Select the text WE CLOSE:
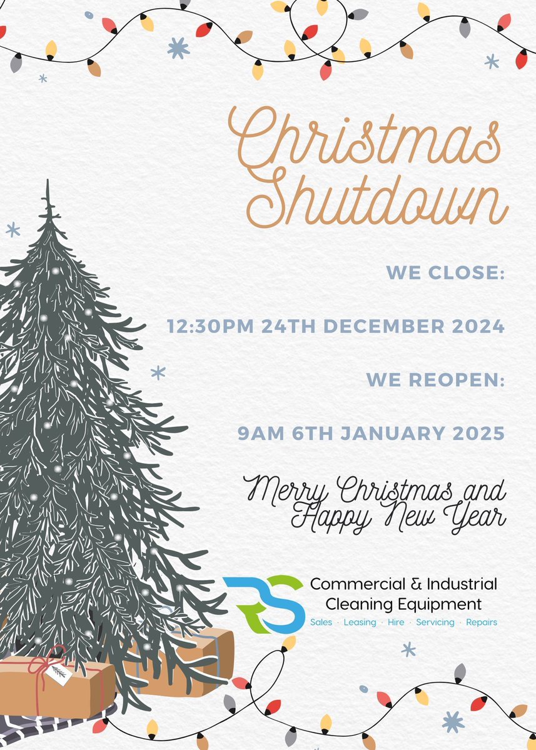coord(445,272)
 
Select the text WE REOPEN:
coord(435,380)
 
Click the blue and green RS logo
coord(263,604)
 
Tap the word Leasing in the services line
coord(360,622)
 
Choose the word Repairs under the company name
coord(482,622)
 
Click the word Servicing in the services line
coord(435,622)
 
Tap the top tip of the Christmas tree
coord(48,182)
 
